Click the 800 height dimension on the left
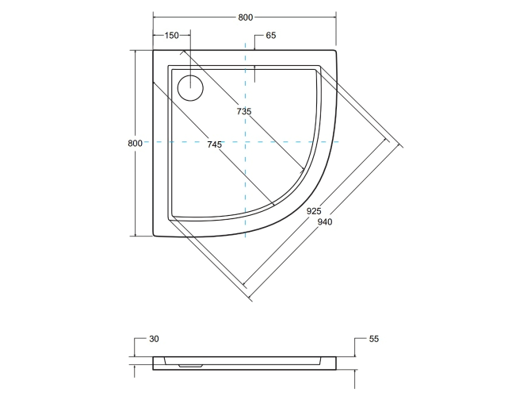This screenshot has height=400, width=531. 134,143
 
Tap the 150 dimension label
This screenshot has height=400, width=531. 172,36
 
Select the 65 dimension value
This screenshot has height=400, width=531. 271,36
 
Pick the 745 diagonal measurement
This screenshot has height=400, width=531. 213,144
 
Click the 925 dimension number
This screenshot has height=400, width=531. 314,211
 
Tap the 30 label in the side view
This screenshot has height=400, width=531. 154,339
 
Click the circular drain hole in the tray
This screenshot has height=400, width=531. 190,87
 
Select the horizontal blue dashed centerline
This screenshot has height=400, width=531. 198,142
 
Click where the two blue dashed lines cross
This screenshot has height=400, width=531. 246,142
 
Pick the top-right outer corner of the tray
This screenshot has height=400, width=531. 337,50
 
